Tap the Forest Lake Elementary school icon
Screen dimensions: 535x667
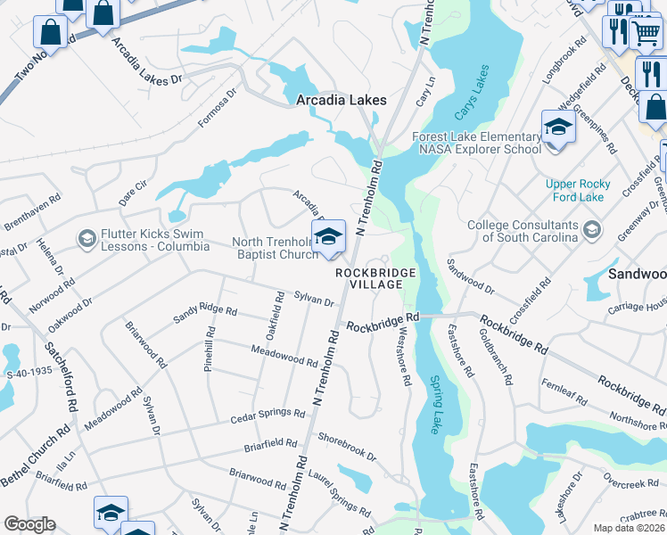click(557, 128)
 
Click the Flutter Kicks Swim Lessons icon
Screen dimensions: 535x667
click(86, 238)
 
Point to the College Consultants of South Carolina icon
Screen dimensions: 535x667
click(590, 231)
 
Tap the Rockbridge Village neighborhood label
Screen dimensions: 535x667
click(369, 277)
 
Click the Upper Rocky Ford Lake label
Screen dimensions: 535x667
click(578, 190)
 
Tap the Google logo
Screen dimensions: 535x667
click(30, 523)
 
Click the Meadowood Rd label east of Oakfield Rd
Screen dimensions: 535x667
click(285, 359)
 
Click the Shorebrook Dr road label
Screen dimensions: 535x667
click(347, 446)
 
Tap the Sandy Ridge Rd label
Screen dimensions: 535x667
click(206, 310)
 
